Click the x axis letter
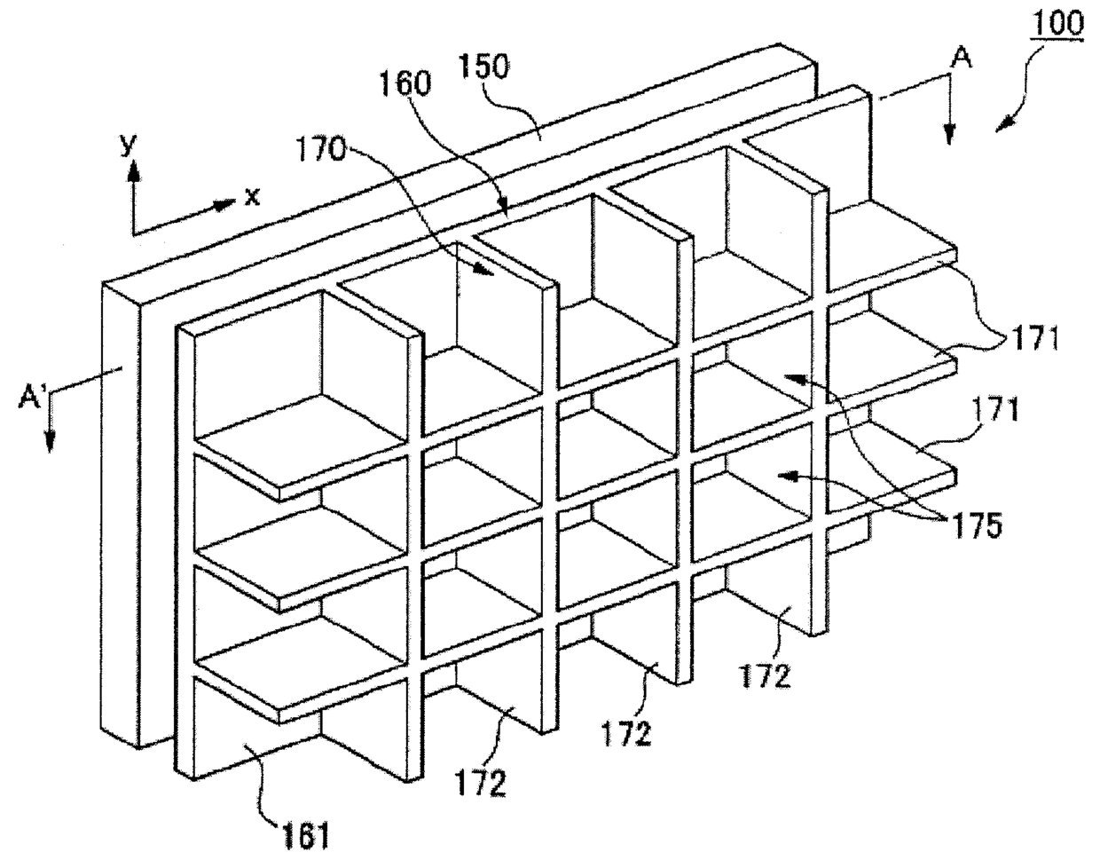click(x=252, y=196)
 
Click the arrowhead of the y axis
click(x=134, y=173)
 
